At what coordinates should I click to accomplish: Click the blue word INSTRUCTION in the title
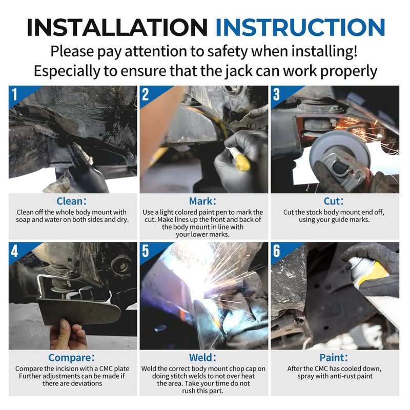coord(300,27)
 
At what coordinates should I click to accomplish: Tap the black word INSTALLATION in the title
coord(117,27)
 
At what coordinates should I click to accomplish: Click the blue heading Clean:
coord(71,201)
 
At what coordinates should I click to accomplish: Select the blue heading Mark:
coord(202,201)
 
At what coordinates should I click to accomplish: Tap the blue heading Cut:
coord(334,201)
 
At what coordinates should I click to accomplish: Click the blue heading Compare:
coord(71,357)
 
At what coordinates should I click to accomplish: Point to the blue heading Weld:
coord(202,357)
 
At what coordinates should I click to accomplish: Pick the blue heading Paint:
coord(334,357)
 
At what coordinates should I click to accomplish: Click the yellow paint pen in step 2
coord(240,159)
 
